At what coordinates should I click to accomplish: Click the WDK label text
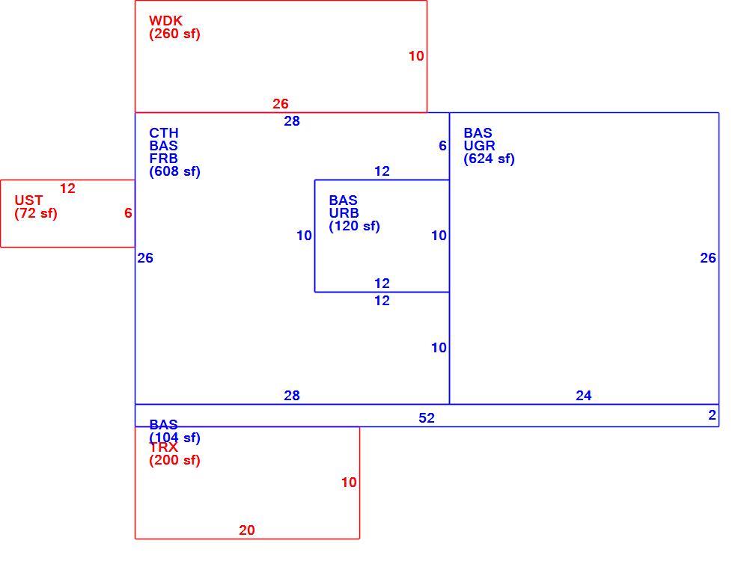click(x=166, y=21)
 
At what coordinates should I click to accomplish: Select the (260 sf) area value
click(x=174, y=34)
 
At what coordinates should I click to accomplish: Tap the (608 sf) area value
click(x=174, y=171)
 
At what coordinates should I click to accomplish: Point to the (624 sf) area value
click(x=489, y=159)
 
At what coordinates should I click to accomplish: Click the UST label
click(x=28, y=200)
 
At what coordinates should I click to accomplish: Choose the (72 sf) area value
click(x=36, y=213)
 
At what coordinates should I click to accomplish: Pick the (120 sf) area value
click(x=354, y=226)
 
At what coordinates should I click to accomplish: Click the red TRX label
click(x=163, y=447)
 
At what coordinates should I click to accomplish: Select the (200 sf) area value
click(x=174, y=460)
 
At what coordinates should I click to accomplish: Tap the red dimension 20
click(x=247, y=530)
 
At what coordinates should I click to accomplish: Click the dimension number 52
click(x=427, y=418)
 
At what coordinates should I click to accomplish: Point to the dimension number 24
click(x=583, y=396)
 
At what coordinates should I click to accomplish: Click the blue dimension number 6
click(x=442, y=146)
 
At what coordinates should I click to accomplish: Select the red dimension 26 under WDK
click(x=281, y=104)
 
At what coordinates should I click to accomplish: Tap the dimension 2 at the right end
click(x=712, y=415)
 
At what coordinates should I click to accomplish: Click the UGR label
click(x=479, y=146)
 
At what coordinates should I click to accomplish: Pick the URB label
click(x=344, y=213)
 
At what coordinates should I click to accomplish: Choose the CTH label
click(x=163, y=132)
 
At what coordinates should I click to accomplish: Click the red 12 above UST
click(x=67, y=189)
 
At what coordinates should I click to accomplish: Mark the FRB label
click(x=163, y=159)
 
